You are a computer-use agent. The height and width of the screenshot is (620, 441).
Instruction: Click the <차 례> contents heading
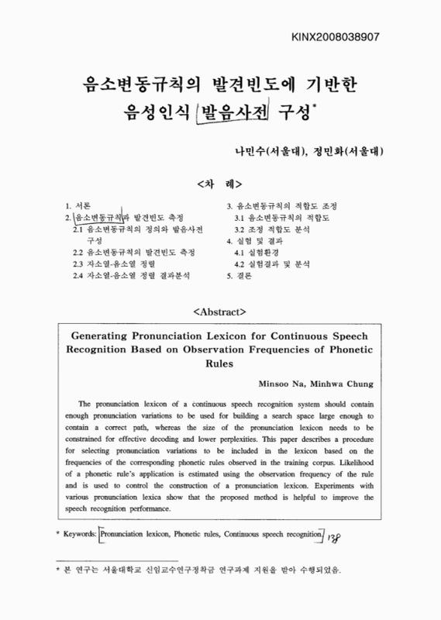[220, 185]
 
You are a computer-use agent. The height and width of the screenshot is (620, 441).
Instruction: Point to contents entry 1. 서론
[78, 206]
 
